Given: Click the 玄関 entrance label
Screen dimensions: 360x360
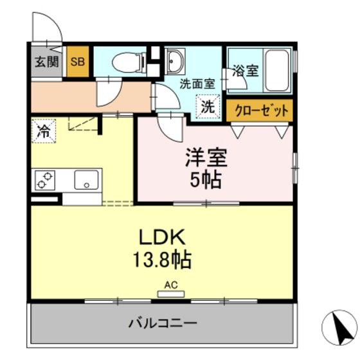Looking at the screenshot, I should point(47,62).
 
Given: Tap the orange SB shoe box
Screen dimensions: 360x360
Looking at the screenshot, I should point(78,62).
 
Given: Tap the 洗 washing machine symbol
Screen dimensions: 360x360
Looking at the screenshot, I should point(208,107).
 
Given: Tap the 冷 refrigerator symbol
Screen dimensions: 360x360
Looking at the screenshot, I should point(44,132).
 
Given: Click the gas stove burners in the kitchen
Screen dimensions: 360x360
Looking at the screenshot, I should point(45,180).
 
